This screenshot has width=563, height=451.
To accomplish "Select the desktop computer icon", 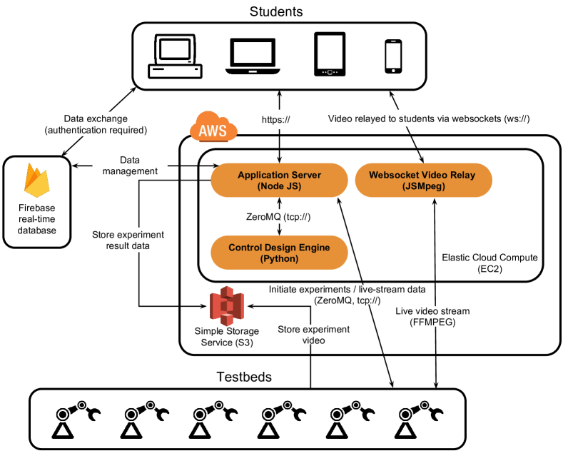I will point(174,58).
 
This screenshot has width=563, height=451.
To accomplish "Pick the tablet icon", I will point(330,55).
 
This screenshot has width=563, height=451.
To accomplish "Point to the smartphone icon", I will point(392,56).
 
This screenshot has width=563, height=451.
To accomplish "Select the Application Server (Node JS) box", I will point(279,180).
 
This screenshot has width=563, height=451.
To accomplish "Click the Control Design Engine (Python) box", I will point(279,253).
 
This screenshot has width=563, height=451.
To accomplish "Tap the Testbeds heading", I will point(245,375).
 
